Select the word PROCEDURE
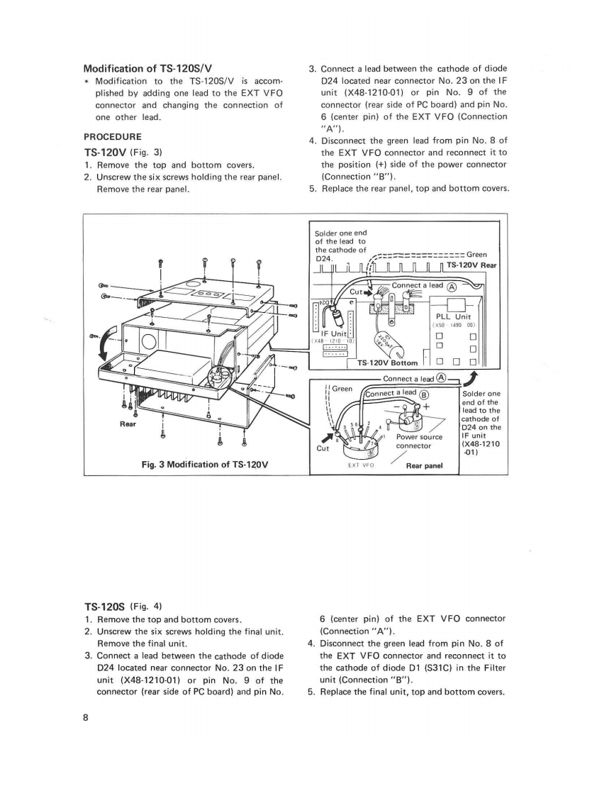click(113, 136)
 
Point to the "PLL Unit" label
click(454, 317)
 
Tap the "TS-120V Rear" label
click(473, 265)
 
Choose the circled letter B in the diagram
click(425, 394)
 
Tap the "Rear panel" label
click(424, 466)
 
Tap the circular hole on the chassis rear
click(150, 342)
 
